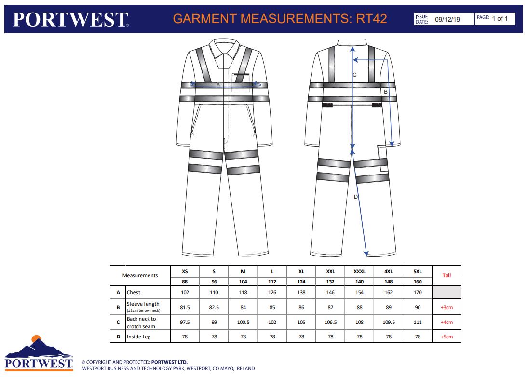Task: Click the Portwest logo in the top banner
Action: point(70,19)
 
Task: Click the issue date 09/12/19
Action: point(448,19)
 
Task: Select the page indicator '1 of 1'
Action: point(500,18)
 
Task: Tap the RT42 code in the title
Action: point(371,18)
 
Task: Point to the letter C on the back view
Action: point(354,75)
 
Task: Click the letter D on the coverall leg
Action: point(355,197)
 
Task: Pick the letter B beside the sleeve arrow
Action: point(386,92)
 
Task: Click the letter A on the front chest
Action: point(218,84)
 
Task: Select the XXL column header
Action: point(330,271)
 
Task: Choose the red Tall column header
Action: point(447,275)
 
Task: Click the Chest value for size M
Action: point(243,292)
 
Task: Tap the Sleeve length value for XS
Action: point(185,307)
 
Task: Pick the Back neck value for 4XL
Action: point(389,322)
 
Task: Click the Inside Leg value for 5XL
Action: point(418,337)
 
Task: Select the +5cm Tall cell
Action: point(447,337)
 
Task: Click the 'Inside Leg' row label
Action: point(139,337)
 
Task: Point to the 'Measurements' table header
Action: point(140,275)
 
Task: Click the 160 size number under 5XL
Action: point(418,282)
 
